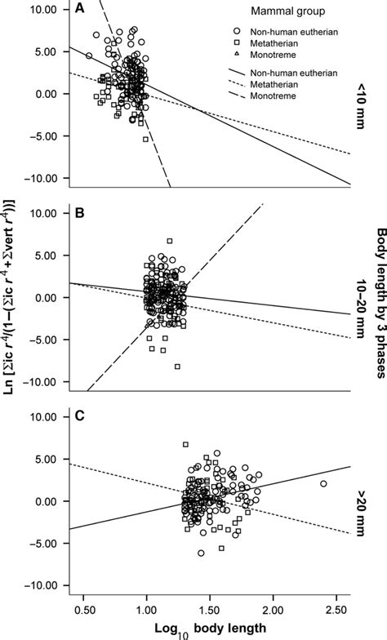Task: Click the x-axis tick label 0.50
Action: [82, 609]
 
